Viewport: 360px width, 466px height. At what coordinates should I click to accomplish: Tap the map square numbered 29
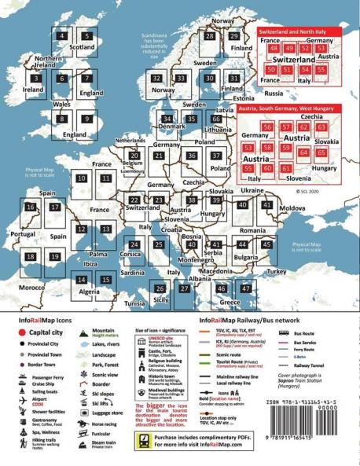click(x=234, y=36)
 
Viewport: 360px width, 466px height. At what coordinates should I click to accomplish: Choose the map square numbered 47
click(x=246, y=290)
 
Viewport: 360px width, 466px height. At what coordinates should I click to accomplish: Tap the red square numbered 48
click(x=276, y=49)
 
